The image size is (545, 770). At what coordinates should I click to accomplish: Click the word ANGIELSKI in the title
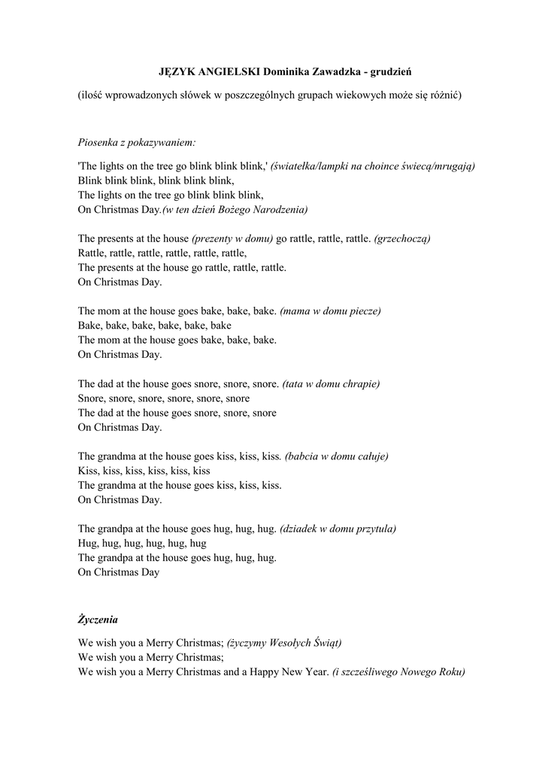tap(223, 71)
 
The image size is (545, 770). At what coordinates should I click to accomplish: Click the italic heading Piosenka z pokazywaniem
tap(137, 141)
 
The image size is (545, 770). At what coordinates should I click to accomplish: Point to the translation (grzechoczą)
tap(402, 238)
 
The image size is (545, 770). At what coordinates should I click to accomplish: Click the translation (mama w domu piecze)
tap(331, 311)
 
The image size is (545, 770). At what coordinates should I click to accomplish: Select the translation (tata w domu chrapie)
tap(331, 383)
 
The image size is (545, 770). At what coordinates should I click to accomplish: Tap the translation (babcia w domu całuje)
tap(337, 456)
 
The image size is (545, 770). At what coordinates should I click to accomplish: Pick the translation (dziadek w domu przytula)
tap(338, 529)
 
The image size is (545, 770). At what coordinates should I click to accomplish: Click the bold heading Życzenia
tap(98, 620)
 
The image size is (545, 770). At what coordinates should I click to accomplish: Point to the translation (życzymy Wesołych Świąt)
tap(285, 643)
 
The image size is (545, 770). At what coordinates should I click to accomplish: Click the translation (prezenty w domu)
tap(232, 238)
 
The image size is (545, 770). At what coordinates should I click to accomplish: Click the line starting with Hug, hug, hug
tap(142, 543)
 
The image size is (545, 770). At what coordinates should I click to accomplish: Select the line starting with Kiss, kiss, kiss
tap(144, 471)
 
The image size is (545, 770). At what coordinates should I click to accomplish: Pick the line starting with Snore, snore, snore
tap(164, 399)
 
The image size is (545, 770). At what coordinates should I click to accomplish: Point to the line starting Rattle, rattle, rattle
tap(162, 253)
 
